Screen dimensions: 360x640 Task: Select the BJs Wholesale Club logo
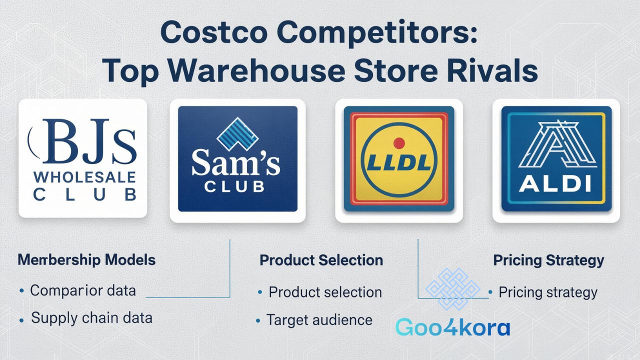coord(83,158)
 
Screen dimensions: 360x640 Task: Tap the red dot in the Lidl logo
coord(398,143)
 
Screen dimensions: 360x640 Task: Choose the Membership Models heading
coord(86,260)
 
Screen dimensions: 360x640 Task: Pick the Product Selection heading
coord(321,260)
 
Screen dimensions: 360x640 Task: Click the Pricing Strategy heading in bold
coord(548,260)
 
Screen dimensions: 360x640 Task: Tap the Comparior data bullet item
coord(83,290)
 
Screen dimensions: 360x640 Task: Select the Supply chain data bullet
coord(91,317)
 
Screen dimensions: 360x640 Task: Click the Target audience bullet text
coord(319,319)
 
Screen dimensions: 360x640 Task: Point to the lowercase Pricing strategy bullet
coord(547,292)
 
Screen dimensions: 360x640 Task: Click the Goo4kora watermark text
coord(452,327)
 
